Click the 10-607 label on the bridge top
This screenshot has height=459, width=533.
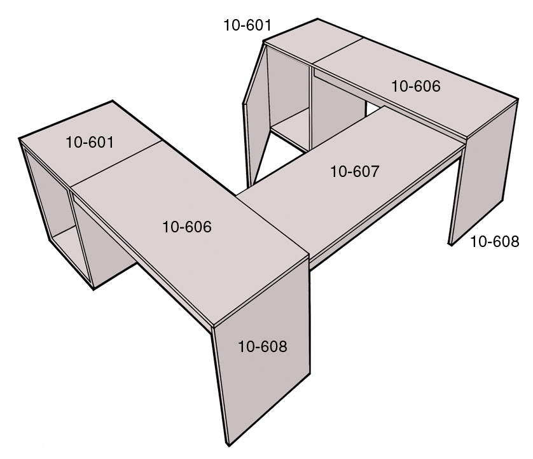pos(354,171)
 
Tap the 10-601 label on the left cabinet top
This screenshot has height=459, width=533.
pos(90,142)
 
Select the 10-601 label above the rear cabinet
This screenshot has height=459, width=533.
pos(247,25)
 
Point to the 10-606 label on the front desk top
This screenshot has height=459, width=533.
pos(187,227)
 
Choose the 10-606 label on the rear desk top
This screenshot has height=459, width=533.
pos(416,86)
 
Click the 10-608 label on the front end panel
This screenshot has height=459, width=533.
pos(263,346)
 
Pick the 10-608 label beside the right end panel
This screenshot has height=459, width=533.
pos(495,241)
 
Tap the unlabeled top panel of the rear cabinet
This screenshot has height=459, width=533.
pos(314,41)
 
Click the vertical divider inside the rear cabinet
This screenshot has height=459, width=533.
pos(310,108)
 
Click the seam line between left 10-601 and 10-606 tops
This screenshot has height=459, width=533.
pos(116,164)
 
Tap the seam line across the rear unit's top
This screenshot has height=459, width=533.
pos(337,51)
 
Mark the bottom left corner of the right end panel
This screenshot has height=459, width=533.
pos(450,244)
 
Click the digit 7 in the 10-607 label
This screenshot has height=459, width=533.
pos(374,171)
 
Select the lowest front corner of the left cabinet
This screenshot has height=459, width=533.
pos(93,289)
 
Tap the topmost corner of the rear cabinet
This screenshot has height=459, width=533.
pos(317,18)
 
